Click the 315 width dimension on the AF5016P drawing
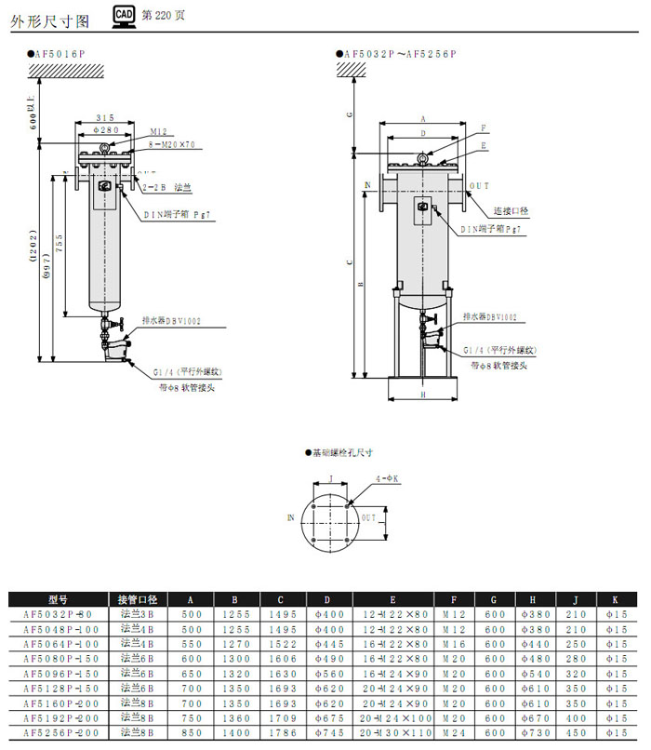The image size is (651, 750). [106, 118]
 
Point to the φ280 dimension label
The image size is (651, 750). [105, 130]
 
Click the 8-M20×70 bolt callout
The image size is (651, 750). [173, 145]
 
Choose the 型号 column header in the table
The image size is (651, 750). [58, 600]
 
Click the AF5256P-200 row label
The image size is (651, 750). [58, 734]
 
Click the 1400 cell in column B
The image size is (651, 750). [237, 734]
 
